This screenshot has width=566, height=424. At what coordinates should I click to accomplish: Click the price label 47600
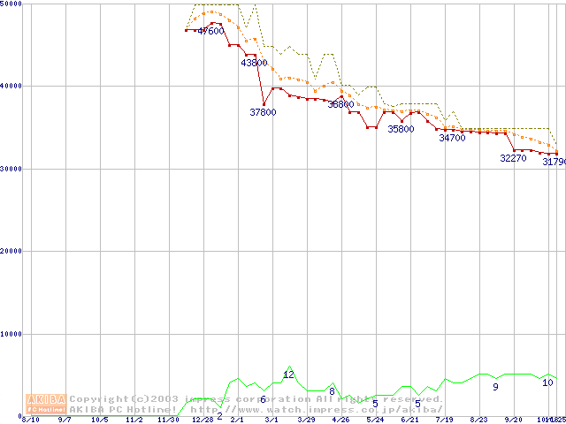click(x=210, y=31)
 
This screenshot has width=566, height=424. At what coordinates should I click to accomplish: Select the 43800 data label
click(x=254, y=63)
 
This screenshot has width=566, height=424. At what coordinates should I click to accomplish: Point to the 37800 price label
click(x=263, y=112)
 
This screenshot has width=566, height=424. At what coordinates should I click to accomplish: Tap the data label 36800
click(x=340, y=104)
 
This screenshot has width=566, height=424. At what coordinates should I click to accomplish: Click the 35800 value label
click(x=401, y=129)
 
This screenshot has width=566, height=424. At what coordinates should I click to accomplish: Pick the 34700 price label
click(x=452, y=138)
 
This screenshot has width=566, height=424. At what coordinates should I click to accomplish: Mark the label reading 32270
click(x=513, y=158)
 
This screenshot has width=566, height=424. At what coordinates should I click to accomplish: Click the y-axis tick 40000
click(x=11, y=86)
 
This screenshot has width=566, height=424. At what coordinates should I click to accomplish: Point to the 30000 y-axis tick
click(x=11, y=169)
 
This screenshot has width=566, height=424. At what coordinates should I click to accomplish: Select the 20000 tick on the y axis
click(x=11, y=251)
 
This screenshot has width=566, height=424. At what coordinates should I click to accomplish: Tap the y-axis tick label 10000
click(x=11, y=334)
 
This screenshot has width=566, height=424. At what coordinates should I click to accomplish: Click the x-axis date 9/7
click(x=65, y=420)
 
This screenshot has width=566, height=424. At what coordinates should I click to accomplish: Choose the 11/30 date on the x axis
click(x=168, y=420)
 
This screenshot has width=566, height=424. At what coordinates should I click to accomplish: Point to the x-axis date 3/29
click(x=306, y=420)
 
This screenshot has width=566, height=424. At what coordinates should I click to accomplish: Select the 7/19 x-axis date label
click(x=445, y=420)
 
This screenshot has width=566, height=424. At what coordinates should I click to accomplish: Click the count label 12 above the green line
click(x=288, y=375)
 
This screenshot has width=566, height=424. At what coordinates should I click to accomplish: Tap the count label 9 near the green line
click(x=495, y=386)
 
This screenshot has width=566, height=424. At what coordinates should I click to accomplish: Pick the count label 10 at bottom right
click(x=547, y=382)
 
